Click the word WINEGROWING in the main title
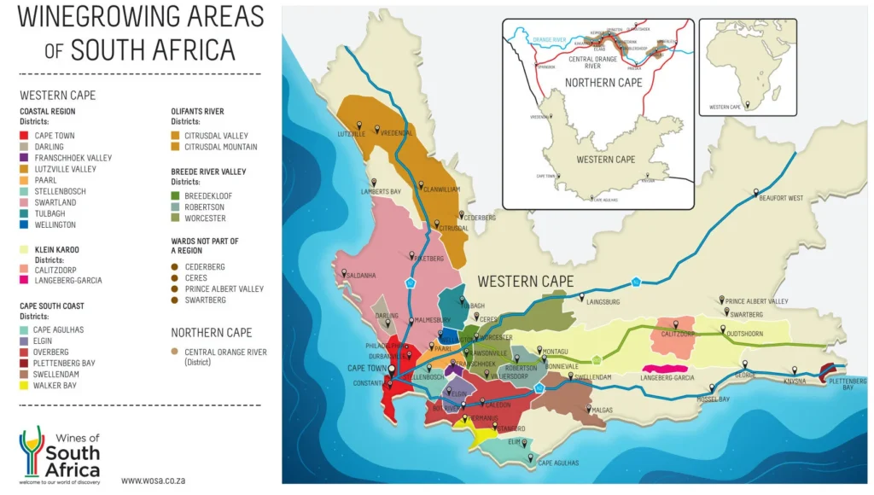(101, 16)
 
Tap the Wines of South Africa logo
(60, 453)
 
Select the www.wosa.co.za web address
(153, 480)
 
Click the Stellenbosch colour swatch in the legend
(24, 191)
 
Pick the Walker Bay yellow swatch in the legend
(24, 385)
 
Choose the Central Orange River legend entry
(224, 352)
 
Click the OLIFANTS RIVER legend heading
(197, 111)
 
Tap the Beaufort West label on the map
(780, 198)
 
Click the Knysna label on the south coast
(794, 381)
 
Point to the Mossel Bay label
(712, 399)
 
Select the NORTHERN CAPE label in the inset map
(603, 83)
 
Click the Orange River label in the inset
(549, 39)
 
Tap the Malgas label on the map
(600, 411)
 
